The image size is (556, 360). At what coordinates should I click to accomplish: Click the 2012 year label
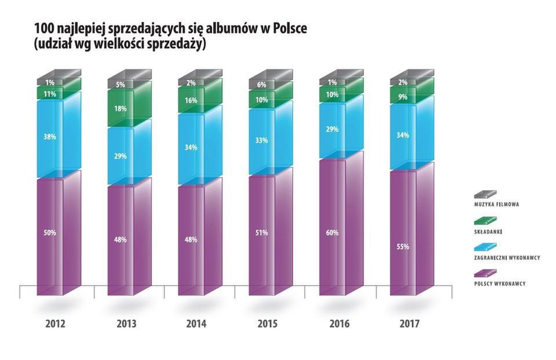pos(56,324)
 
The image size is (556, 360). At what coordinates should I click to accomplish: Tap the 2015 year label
pos(267,324)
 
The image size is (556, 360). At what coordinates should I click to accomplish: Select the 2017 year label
pos(408,324)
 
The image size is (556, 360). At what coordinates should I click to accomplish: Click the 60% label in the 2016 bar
pos(332,233)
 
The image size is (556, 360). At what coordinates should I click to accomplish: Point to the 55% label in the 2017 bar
pos(403,247)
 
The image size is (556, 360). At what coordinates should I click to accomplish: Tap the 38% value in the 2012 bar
pos(49,138)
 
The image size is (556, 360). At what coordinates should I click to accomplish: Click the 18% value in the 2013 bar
pos(120,108)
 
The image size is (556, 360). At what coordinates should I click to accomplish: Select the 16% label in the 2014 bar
pos(191,100)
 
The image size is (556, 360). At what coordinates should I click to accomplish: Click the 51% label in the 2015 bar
pos(261,233)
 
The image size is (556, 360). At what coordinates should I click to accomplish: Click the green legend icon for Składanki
pos(485,221)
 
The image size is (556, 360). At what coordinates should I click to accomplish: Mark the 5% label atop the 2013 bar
pos(120,84)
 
